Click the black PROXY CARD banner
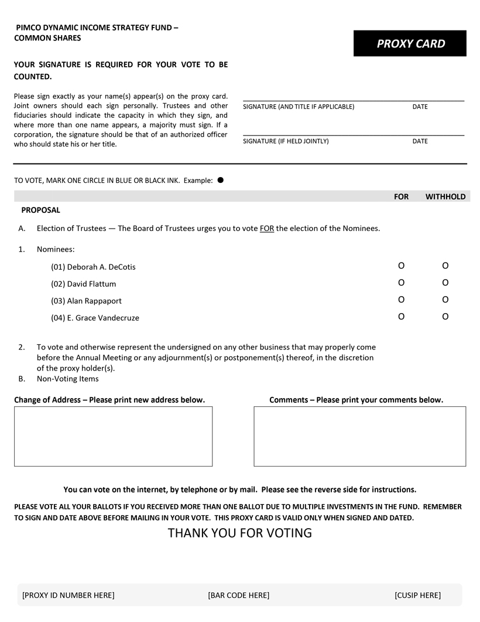tap(410, 43)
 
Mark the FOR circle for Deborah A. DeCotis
tap(401, 266)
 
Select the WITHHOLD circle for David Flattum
tap(445, 283)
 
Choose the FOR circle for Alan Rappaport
tap(401, 300)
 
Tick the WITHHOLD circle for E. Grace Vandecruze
tap(445, 317)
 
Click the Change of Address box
tap(113, 436)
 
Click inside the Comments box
tap(359, 436)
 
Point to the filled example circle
tap(221, 180)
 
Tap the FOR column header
tap(401, 197)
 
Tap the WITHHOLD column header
tap(445, 197)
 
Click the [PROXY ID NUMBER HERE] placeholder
tap(68, 596)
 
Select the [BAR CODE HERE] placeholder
tap(238, 596)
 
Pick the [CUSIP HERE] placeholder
tap(417, 596)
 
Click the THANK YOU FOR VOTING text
tap(240, 533)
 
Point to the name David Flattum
tap(91, 284)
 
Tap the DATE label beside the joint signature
tap(420, 141)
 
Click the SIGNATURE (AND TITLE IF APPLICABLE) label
tap(298, 107)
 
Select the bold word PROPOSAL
tap(40, 210)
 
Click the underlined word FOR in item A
tap(267, 229)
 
